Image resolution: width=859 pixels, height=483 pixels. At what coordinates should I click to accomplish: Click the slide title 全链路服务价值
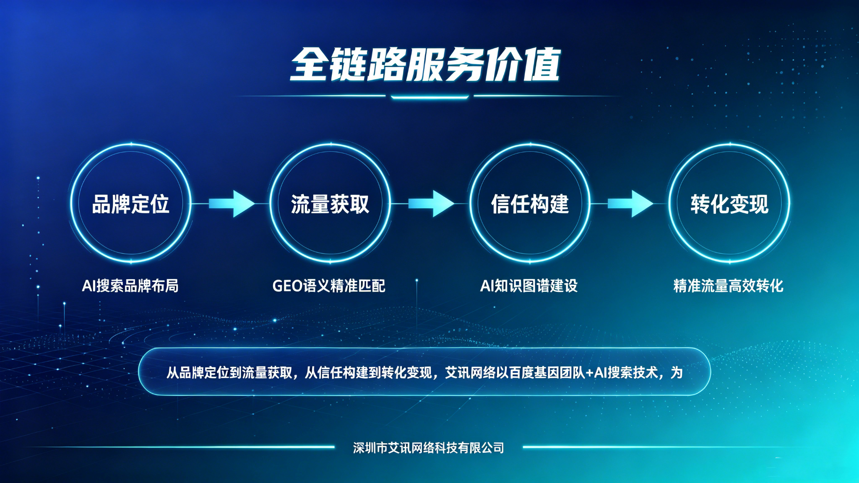tap(425, 65)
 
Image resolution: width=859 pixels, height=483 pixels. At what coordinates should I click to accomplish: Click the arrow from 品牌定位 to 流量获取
tap(232, 204)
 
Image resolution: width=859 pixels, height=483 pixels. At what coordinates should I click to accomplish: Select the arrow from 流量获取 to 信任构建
tap(431, 204)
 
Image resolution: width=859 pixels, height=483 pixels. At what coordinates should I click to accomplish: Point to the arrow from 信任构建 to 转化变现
tap(630, 204)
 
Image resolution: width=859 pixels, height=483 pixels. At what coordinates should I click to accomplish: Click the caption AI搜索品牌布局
tap(130, 286)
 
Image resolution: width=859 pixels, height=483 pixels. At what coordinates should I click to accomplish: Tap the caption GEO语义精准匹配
tap(329, 286)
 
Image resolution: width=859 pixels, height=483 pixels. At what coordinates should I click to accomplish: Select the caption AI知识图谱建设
tap(529, 286)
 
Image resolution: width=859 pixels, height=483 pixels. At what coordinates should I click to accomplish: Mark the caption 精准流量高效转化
tap(728, 286)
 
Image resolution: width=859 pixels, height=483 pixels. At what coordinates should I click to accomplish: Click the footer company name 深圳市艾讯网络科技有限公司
tap(429, 448)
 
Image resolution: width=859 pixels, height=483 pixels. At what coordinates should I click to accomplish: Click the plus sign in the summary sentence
tap(589, 373)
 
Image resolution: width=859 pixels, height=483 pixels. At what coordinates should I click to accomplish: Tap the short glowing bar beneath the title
tap(429, 97)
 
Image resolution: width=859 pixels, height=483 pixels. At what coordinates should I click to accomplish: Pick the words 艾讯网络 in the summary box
tap(471, 373)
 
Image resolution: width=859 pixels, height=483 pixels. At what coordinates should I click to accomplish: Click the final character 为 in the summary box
tap(677, 373)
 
